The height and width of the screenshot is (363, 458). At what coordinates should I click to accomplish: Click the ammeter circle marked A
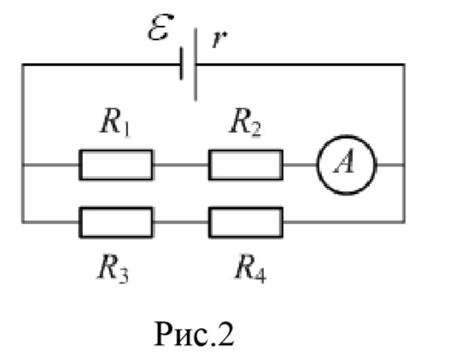pos(346,137)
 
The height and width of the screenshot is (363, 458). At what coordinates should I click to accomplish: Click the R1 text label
pos(115,124)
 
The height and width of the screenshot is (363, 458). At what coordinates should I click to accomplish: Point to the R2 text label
pos(245,124)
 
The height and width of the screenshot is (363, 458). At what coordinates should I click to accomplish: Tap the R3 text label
pos(113,269)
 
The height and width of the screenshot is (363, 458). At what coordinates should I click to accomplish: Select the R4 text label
pos(250,269)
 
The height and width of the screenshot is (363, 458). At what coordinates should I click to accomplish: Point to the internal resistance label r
pos(220,39)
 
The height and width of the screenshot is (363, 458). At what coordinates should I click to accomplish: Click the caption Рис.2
pos(194,334)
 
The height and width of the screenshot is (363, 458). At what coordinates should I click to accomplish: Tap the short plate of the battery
pos(181,64)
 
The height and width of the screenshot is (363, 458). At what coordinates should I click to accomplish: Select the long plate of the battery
pos(196,64)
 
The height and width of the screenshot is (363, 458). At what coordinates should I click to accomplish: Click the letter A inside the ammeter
pos(345,163)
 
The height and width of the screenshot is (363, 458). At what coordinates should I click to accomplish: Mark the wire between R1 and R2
pos(180,165)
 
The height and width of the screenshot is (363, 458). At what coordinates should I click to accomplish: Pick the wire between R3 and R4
pos(180,222)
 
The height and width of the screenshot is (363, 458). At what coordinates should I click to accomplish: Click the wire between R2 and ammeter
pos(300,165)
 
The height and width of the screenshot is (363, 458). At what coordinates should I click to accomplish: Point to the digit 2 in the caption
pos(226,334)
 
